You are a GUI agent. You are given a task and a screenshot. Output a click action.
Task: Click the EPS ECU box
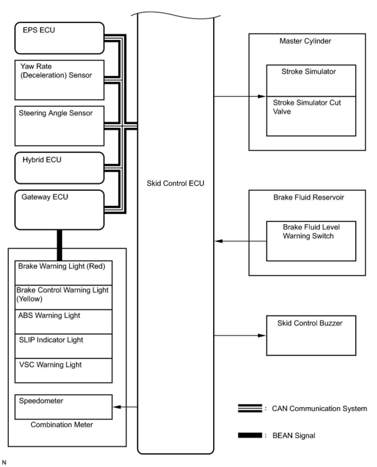[x=60, y=38]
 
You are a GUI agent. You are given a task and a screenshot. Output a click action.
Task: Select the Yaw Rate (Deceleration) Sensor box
[x=60, y=80]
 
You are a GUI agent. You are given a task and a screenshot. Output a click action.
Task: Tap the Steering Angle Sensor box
[x=60, y=126]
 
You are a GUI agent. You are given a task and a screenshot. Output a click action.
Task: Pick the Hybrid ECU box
[x=60, y=168]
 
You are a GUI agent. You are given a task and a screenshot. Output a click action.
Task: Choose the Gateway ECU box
[x=60, y=210]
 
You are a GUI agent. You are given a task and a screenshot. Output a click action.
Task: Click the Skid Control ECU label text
[x=175, y=183]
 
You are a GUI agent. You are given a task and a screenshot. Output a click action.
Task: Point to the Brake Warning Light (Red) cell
[x=64, y=273]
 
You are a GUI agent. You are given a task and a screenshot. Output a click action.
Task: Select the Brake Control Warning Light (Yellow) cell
[x=64, y=297]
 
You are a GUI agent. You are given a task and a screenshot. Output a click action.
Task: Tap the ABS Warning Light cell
[x=64, y=322]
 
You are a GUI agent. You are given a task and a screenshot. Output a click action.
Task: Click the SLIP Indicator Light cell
[x=64, y=346]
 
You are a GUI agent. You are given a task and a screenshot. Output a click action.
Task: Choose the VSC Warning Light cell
[x=64, y=371]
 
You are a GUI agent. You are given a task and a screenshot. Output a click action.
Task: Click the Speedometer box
[x=64, y=407]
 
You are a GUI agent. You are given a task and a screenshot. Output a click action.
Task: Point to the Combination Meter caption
[x=62, y=425]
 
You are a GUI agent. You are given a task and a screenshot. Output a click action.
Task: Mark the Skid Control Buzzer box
[x=311, y=335]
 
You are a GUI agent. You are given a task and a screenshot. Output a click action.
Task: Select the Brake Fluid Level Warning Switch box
[x=311, y=241]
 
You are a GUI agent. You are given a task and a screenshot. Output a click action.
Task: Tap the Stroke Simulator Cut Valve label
[x=307, y=107]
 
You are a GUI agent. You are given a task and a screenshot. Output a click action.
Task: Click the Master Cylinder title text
[x=305, y=41]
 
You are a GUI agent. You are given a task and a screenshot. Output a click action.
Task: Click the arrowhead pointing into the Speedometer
[x=117, y=407]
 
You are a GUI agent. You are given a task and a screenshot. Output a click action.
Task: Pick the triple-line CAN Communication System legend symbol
[x=250, y=408]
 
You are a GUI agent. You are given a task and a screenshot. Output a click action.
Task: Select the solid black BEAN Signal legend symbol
[x=250, y=435]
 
